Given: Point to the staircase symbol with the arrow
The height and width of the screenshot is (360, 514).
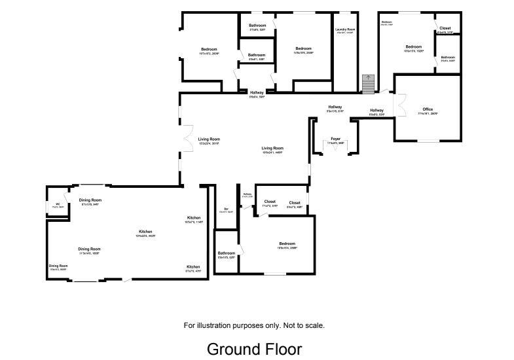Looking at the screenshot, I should [367, 83].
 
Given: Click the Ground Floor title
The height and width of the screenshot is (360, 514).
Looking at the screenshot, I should [254, 349].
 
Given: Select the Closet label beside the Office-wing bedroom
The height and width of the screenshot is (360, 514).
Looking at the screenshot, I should [445, 29].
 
